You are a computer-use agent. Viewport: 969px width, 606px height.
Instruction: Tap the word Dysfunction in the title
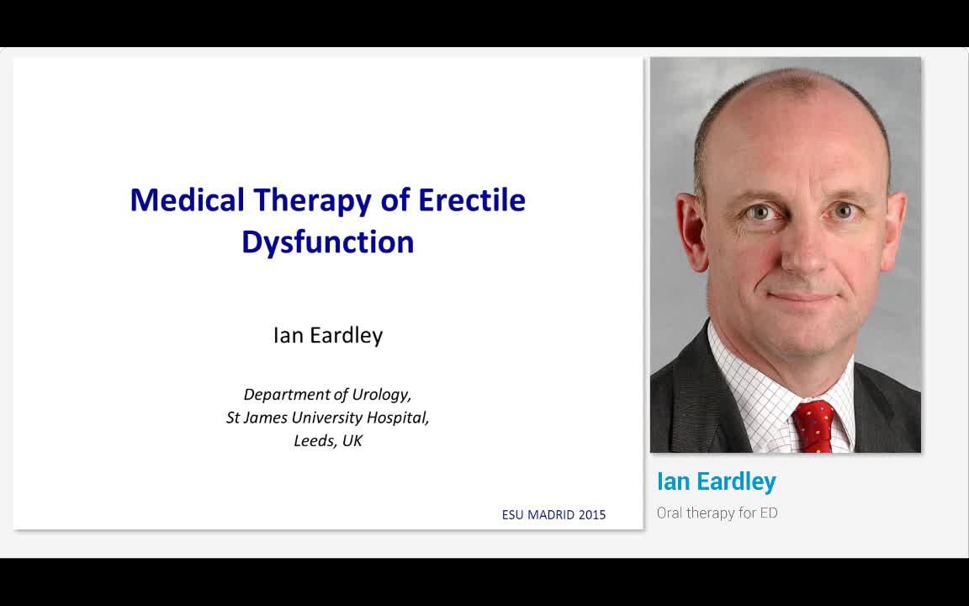point(327,242)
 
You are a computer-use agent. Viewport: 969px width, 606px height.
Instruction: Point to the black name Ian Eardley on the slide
point(327,335)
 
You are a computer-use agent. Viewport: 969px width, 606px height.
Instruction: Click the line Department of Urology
point(327,394)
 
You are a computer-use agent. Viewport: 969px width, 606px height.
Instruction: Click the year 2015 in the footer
point(591,515)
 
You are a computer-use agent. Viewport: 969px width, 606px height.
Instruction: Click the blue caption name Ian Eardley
point(716,481)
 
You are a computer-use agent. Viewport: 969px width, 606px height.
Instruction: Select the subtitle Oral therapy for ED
point(717,513)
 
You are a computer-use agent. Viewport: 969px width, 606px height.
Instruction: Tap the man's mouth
point(802,297)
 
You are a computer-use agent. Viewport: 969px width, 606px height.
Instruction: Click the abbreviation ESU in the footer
point(512,515)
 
